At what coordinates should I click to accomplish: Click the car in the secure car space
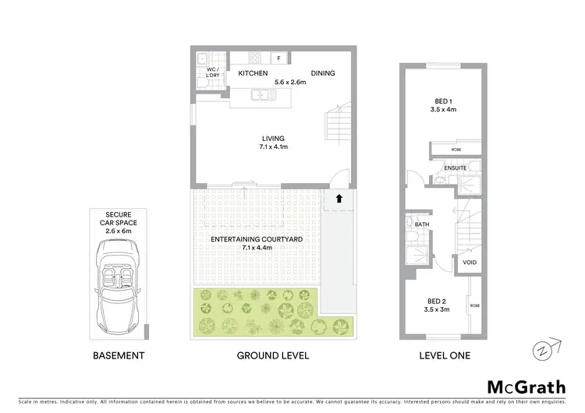point(119,284)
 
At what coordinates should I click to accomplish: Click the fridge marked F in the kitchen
point(279,57)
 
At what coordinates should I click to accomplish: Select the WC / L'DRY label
point(211,72)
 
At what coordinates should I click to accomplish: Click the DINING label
point(323,73)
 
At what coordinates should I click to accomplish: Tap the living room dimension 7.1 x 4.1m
point(273,146)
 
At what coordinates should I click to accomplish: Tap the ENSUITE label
point(456,168)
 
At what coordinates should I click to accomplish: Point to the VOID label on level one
point(470,263)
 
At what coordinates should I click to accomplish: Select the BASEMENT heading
point(119,355)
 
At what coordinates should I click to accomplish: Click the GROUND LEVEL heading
point(273,355)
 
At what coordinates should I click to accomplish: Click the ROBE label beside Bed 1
point(456,149)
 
